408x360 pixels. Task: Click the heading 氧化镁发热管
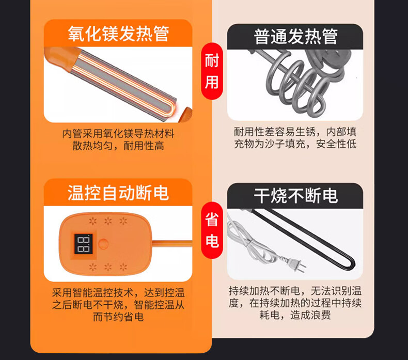(x=118, y=34)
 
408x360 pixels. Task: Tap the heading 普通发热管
(x=296, y=37)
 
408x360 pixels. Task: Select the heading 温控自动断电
(x=118, y=193)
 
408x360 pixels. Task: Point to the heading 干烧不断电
(x=296, y=196)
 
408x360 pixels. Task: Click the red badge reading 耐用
(x=212, y=71)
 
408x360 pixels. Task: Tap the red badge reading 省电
(x=212, y=230)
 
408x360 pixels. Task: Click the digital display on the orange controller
(x=84, y=244)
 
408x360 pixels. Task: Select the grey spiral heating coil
(x=299, y=81)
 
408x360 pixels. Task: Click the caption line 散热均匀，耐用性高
(x=118, y=146)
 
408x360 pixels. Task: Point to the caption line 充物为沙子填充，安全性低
(x=295, y=144)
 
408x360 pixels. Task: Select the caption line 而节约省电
(x=118, y=317)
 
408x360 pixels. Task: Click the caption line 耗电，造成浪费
(x=295, y=315)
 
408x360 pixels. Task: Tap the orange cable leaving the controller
(x=172, y=243)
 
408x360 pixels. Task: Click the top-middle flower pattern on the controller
(x=108, y=221)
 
